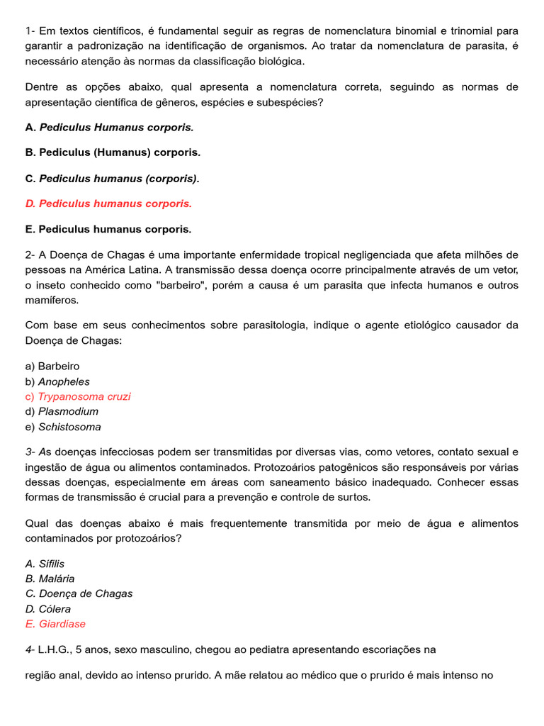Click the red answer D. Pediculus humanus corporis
point(108,203)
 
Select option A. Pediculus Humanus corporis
point(109,128)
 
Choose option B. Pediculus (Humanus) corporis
point(113,152)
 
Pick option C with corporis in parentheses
point(112,179)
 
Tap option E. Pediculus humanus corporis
point(108,230)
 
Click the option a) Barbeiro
point(52,367)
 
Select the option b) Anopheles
point(57,381)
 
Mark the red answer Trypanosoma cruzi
point(78,396)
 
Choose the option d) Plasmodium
point(62,411)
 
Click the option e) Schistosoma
point(63,427)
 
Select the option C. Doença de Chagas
point(79,593)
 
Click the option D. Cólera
point(48,609)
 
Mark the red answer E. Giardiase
point(55,624)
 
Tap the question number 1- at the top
point(30,31)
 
